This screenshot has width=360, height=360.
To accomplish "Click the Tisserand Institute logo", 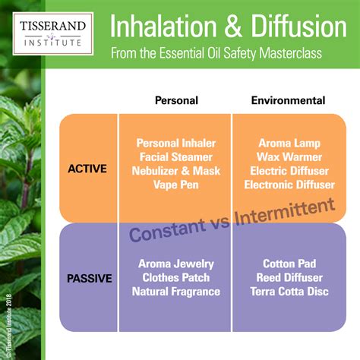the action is coord(53,33).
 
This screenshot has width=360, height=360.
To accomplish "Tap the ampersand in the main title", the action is coord(233,26).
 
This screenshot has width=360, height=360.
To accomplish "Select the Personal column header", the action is coord(176,100).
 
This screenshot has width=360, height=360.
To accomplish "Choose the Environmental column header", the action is coord(288,100).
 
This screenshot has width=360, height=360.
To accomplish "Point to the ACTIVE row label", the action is coord(87,169).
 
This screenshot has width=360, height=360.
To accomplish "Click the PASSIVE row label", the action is coord(90,279).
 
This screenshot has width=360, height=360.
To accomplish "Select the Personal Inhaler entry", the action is coord(176,144).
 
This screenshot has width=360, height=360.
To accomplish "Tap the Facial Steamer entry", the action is coord(176,157).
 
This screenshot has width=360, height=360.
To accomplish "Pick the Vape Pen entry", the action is coord(176,185).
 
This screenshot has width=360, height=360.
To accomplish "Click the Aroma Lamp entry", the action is coord(289,144).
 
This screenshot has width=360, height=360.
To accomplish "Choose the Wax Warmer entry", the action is coord(289,157).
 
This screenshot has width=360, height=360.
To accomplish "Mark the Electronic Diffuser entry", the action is coord(289,185).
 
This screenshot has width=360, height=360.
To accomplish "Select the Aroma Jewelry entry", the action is coord(176,264).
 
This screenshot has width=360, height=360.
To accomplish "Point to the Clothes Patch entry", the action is coord(176,278).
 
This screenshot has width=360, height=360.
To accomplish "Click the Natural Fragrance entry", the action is coord(176,292).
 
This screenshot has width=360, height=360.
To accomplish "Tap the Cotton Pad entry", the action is coord(289,264).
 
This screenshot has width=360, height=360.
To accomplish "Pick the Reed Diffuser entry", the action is coord(289,278).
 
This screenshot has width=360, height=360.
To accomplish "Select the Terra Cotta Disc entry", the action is coord(289,292).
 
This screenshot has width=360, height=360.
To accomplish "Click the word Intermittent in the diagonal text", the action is coord(285,212).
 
